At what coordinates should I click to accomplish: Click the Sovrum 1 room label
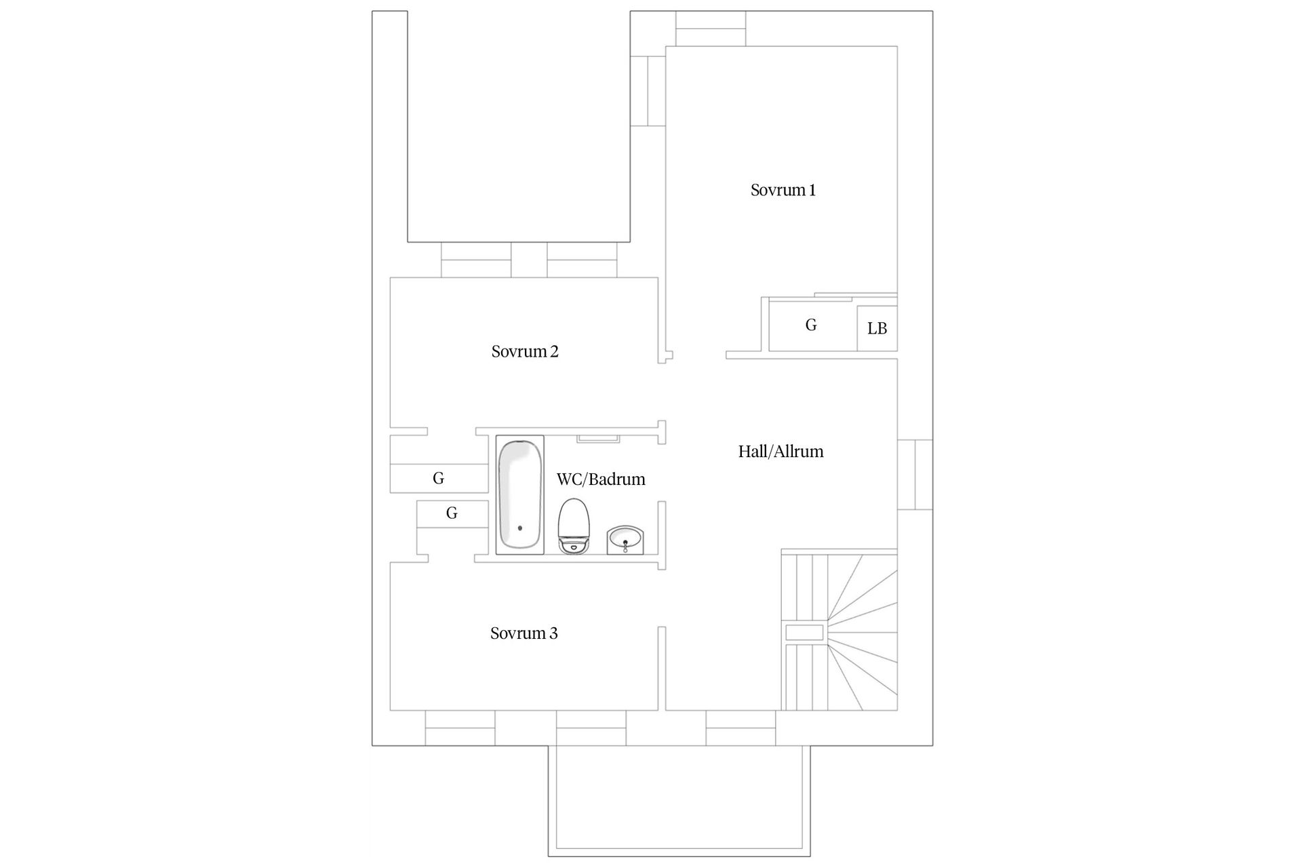783,191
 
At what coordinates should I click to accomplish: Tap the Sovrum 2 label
525,352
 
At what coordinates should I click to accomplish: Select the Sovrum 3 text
524,633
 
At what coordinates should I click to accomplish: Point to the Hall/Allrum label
781,452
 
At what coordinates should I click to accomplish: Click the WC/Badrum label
601,479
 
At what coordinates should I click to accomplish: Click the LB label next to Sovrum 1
877,329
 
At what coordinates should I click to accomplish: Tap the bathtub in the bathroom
520,495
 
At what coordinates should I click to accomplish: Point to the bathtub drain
520,528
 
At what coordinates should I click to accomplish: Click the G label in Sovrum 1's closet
811,325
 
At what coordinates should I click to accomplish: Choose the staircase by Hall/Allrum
840,630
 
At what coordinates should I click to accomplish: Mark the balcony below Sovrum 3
679,801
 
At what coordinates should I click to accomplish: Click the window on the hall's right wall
915,475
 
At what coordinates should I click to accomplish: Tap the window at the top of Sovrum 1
711,28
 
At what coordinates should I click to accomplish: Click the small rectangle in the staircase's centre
804,633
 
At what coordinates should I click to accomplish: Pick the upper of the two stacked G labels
439,479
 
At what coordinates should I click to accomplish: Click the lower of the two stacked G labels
452,513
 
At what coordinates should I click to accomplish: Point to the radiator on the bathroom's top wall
598,439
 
